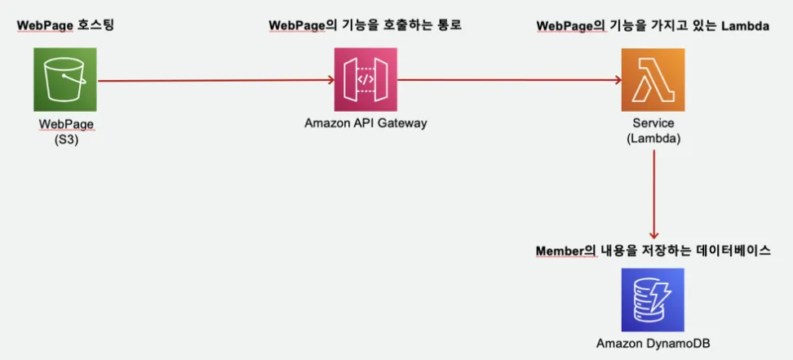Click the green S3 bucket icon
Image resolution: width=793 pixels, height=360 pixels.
tap(65, 79)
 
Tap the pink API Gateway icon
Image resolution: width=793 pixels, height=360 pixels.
tap(365, 79)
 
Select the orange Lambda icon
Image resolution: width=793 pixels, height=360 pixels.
tap(653, 79)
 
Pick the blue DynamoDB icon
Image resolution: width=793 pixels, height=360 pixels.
tap(653, 300)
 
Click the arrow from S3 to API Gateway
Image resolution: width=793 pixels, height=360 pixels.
tap(215, 80)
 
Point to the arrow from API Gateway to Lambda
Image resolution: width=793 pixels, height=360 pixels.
tap(509, 80)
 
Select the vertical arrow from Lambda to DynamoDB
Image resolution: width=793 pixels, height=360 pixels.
tap(654, 194)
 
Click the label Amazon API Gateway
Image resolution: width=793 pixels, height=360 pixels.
tap(365, 123)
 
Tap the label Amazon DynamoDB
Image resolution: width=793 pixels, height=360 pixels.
tap(653, 344)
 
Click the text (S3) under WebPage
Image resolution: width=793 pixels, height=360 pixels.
tap(66, 140)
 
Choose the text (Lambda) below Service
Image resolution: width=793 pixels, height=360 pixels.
tap(653, 140)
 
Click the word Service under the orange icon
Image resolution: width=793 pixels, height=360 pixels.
tap(653, 123)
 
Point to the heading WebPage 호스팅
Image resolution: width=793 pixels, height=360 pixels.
tap(66, 25)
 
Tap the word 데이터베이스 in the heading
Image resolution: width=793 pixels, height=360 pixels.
tap(735, 251)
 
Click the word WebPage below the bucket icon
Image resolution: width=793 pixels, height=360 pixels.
tap(66, 123)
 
